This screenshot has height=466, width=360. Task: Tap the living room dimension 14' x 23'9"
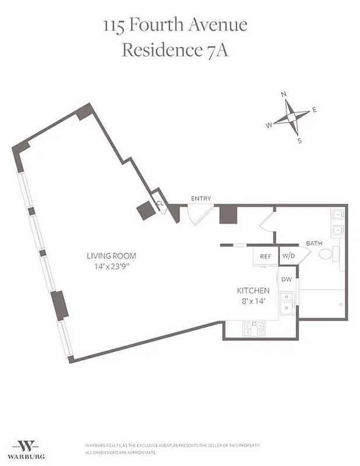[x=107, y=267]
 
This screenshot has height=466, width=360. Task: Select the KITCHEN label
[x=253, y=290]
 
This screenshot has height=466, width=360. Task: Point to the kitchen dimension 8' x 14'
[x=253, y=301]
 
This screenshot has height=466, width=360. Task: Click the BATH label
[x=314, y=243]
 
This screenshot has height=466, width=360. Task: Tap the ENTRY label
[x=201, y=199]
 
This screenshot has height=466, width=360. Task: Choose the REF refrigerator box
[x=266, y=256]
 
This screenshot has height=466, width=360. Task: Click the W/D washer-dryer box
[x=288, y=256]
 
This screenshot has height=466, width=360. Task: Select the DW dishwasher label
[x=286, y=280]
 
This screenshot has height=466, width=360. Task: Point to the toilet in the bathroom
[x=327, y=253]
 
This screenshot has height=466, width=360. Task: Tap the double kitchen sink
[x=286, y=303]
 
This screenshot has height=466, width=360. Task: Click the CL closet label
[x=160, y=203]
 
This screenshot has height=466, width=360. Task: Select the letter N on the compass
[x=284, y=94]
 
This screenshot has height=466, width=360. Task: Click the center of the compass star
[x=289, y=117]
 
